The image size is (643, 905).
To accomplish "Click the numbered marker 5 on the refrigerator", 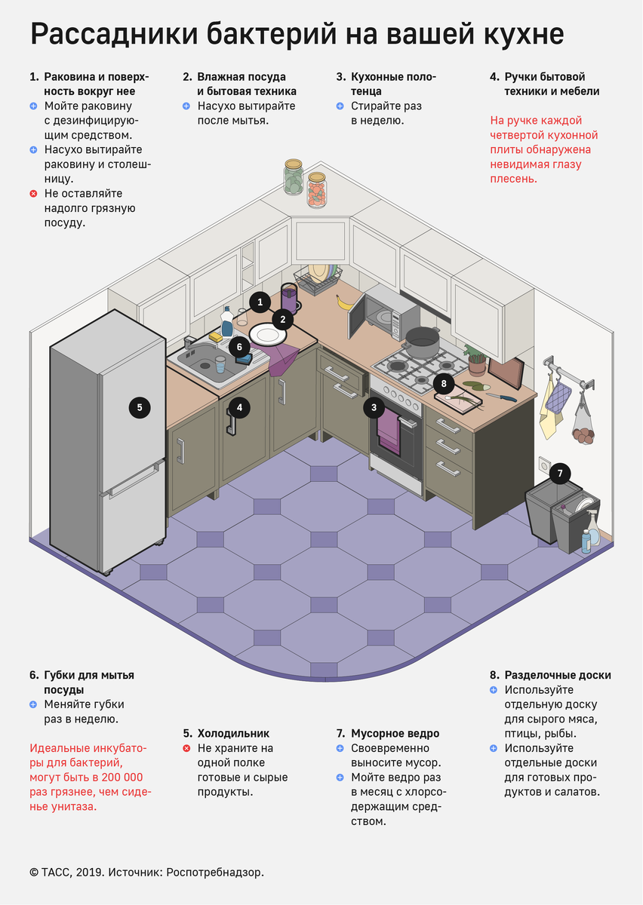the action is [x=140, y=407].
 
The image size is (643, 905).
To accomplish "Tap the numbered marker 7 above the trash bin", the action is [x=560, y=474].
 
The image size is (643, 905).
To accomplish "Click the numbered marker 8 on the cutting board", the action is [x=444, y=384].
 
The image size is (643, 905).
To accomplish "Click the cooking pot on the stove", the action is [x=422, y=342].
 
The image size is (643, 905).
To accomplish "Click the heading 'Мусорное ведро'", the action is [x=395, y=733].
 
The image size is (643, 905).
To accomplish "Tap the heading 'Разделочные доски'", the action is [x=558, y=675].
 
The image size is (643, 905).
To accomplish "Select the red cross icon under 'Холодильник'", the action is [x=186, y=748].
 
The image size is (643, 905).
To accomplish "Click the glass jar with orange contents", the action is [x=317, y=190].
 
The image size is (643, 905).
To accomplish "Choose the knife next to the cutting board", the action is [x=501, y=397].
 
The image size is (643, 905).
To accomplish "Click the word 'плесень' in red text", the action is [x=512, y=179].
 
